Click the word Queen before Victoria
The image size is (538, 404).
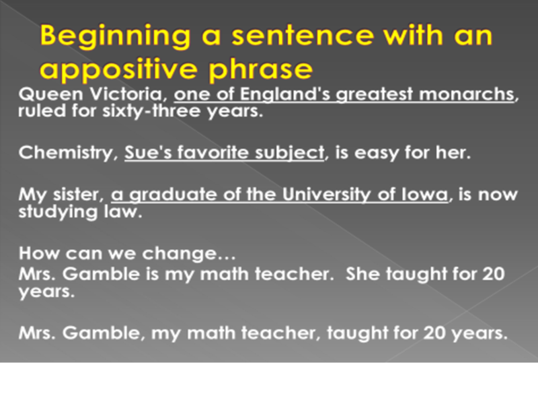51,94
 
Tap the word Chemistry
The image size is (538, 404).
66,153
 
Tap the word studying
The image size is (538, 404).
58,212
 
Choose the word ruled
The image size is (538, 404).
42,110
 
